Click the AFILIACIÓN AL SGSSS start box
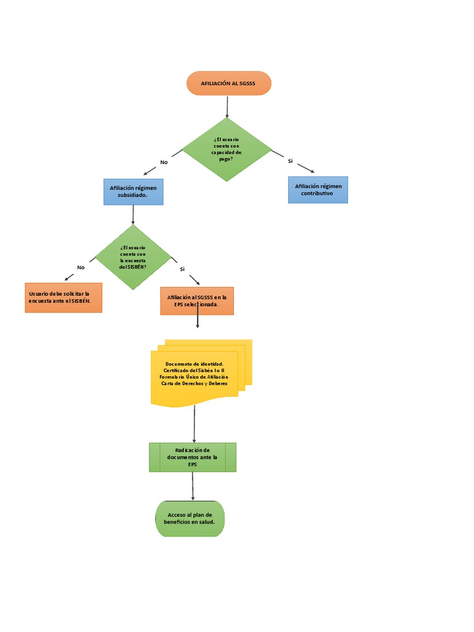pyautogui.click(x=228, y=83)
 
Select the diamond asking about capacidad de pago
pyautogui.click(x=227, y=149)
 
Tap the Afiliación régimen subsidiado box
pyautogui.click(x=133, y=191)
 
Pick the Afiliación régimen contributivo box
pyautogui.click(x=318, y=189)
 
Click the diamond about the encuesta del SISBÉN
pyautogui.click(x=133, y=257)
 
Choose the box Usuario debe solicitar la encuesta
pyautogui.click(x=63, y=297)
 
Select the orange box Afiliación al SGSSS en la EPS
pyautogui.click(x=197, y=301)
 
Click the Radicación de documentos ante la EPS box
pyautogui.click(x=193, y=457)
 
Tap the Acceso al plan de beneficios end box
pyautogui.click(x=189, y=518)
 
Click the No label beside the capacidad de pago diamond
pyautogui.click(x=164, y=162)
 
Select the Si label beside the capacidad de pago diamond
pyautogui.click(x=290, y=161)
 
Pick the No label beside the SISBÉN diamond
pyautogui.click(x=81, y=267)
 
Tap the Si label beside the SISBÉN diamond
pyautogui.click(x=182, y=269)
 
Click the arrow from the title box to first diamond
pyautogui.click(x=227, y=106)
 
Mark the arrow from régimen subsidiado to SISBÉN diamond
pyautogui.click(x=133, y=214)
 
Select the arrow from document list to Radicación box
pyautogui.click(x=194, y=424)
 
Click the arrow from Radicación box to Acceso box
pyautogui.click(x=193, y=486)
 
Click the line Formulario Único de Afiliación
pyautogui.click(x=194, y=376)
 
